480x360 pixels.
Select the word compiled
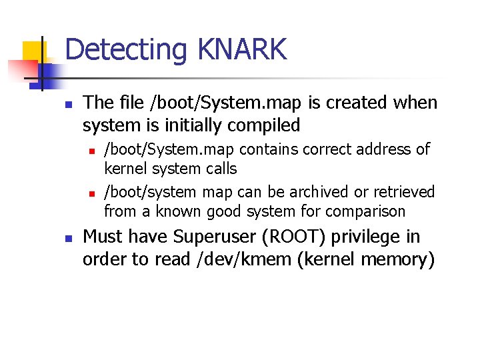pyautogui.click(x=265, y=125)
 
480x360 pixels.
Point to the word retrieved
pyautogui.click(x=403, y=192)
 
